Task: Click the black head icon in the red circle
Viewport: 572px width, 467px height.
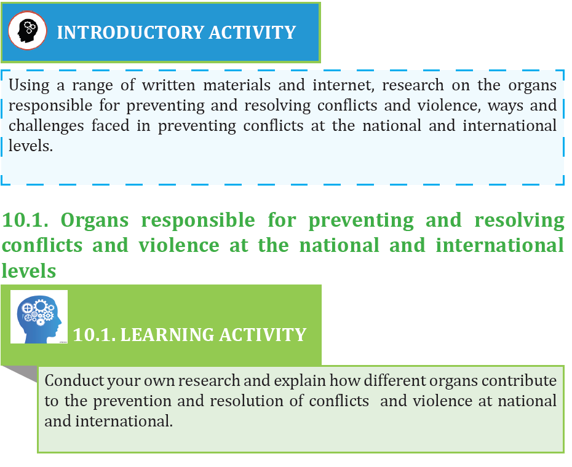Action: [27, 31]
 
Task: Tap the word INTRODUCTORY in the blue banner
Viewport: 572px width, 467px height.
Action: [130, 33]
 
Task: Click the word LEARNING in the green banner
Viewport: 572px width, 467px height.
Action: [167, 335]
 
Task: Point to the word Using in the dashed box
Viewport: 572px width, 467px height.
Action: [29, 86]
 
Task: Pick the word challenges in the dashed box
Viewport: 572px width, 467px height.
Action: [46, 127]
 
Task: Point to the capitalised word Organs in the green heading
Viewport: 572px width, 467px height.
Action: [95, 221]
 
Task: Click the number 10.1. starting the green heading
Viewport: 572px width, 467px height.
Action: [25, 220]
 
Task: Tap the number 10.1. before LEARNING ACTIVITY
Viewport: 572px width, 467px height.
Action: [94, 335]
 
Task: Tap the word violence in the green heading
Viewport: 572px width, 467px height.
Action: [179, 245]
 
